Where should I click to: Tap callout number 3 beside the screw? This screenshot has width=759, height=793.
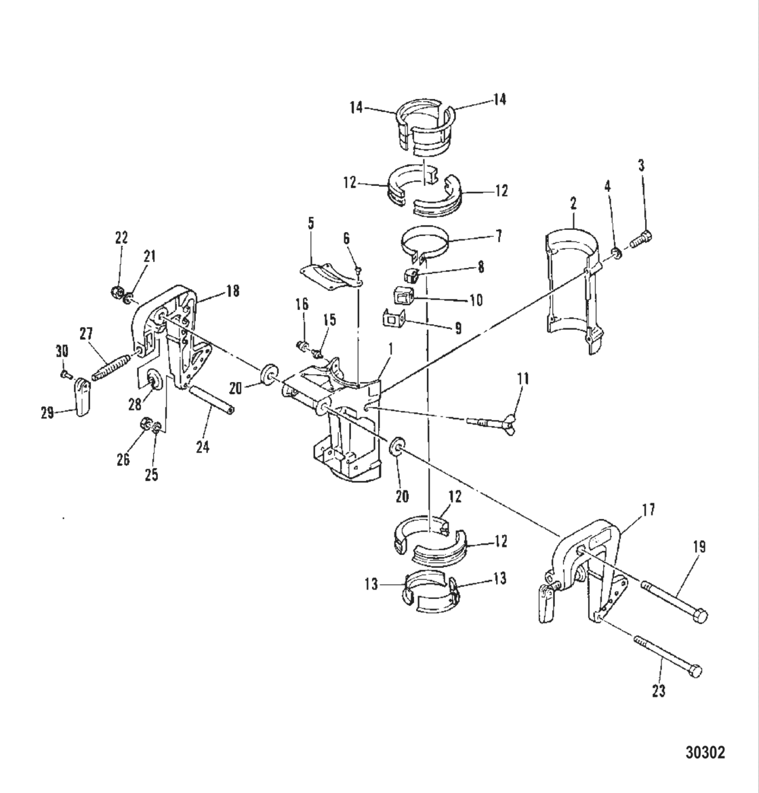[641, 166]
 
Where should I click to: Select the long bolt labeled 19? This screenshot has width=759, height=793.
[674, 600]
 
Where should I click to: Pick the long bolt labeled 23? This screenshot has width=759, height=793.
[668, 655]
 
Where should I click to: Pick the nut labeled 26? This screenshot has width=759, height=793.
[144, 425]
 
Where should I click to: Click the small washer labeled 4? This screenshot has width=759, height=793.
[617, 254]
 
